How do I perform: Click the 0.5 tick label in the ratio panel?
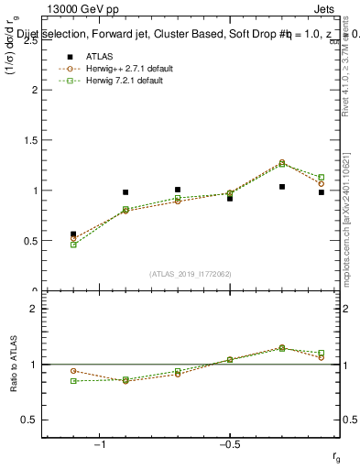point(27,420)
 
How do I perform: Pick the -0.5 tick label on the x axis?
point(229,445)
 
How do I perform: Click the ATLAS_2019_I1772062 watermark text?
point(191,273)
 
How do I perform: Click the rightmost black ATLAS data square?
point(322,192)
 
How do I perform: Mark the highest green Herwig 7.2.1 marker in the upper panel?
point(282,163)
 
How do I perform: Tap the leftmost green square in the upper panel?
point(73,245)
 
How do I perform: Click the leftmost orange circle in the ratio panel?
point(73,371)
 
